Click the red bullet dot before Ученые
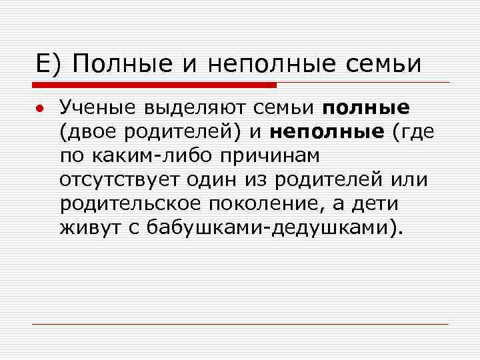[x=41, y=109]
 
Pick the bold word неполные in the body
[x=327, y=132]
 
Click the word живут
[x=85, y=229]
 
